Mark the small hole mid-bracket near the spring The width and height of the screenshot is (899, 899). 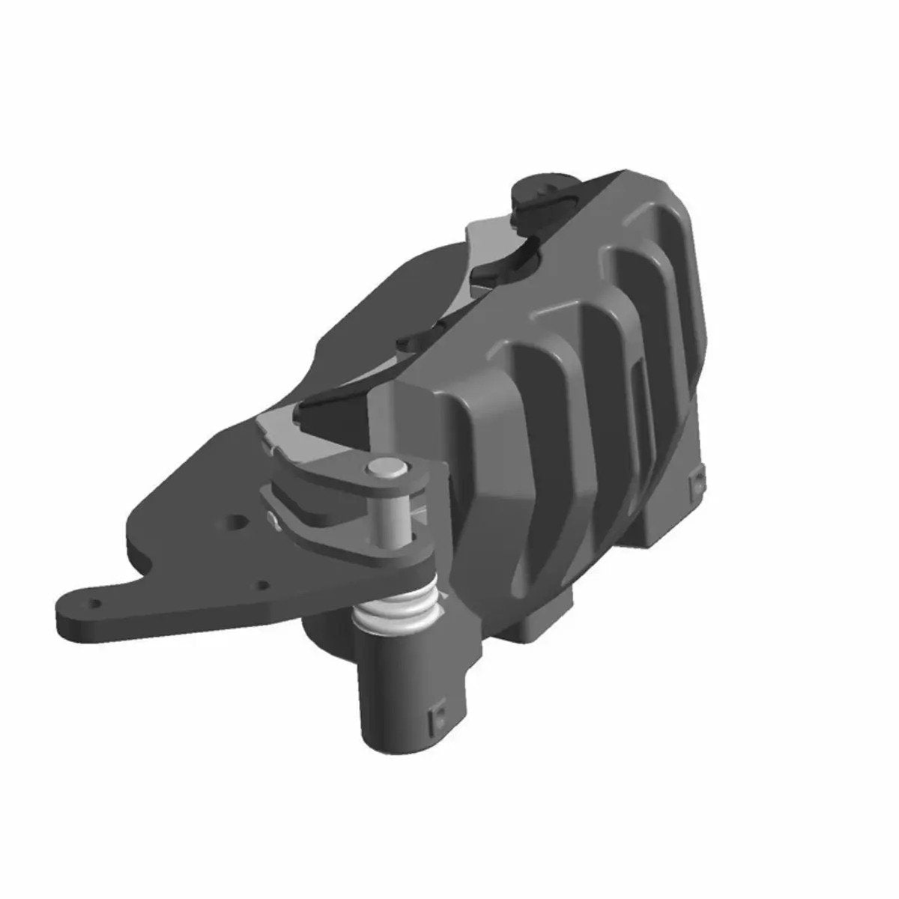pos(263,585)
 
